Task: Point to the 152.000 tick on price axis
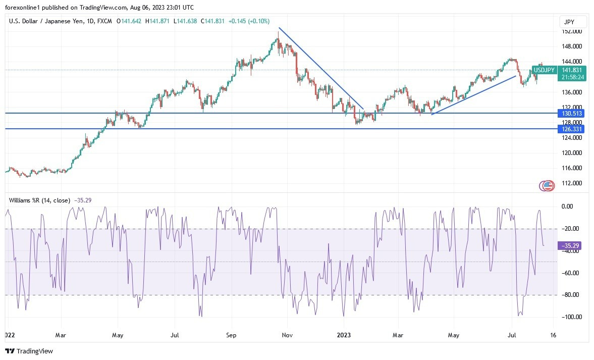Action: (x=572, y=31)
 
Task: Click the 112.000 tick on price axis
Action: (x=572, y=183)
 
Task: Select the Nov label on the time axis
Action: (x=287, y=335)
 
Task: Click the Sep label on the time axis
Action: (x=231, y=335)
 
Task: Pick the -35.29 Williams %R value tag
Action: (x=569, y=246)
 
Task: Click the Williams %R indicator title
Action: (x=39, y=200)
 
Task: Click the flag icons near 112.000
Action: (x=547, y=186)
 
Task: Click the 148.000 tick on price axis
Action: (x=572, y=46)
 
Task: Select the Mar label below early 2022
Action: (x=61, y=335)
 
